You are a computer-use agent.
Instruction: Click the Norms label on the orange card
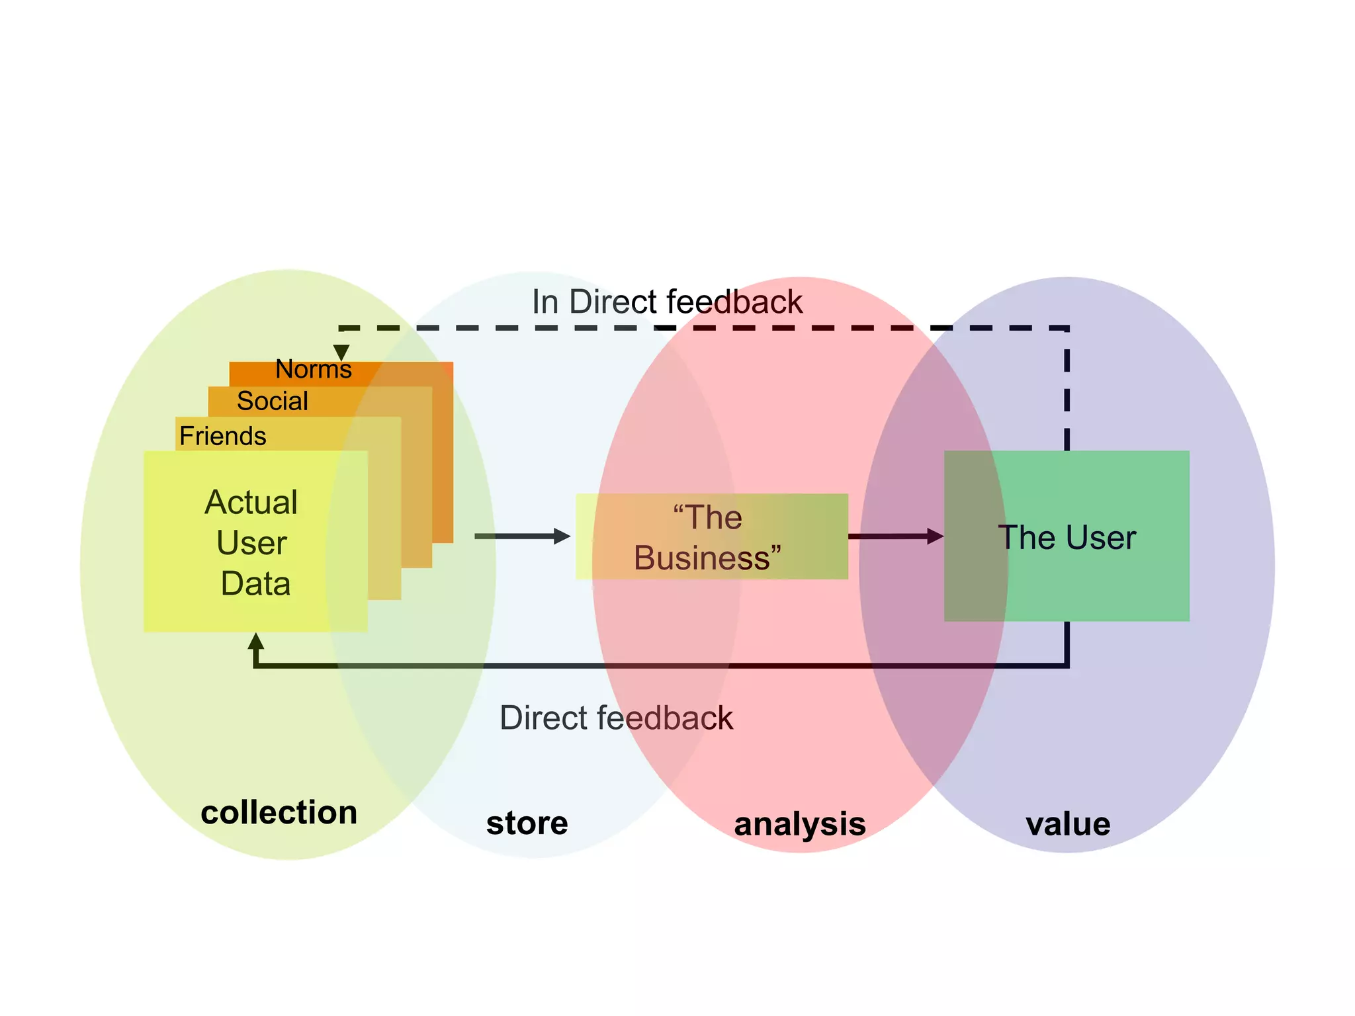pos(313,369)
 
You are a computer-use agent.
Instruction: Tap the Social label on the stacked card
pos(272,401)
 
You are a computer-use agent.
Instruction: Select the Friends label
pos(222,436)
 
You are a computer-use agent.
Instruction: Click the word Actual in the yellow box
pos(251,502)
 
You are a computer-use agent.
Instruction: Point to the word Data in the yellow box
pos(255,583)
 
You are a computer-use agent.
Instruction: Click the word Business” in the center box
pos(707,558)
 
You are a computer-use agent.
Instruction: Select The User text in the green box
pos(1067,537)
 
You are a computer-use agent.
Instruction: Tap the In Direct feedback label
pos(667,302)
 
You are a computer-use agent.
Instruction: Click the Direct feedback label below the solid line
pos(616,718)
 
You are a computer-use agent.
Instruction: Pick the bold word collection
pos(279,812)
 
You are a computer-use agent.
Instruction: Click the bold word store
pos(527,824)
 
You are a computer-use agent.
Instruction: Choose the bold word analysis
pos(800,824)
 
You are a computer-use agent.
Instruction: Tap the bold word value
pos(1068,824)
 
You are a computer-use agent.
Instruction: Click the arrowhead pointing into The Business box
pos(562,536)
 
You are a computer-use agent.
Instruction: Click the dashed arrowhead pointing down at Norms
pos(341,352)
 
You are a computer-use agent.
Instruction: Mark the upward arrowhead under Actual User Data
pos(256,642)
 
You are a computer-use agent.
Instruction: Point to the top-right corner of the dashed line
pos(1067,328)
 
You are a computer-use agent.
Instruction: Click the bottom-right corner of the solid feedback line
pos(1067,665)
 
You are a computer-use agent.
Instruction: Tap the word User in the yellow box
pos(251,543)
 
